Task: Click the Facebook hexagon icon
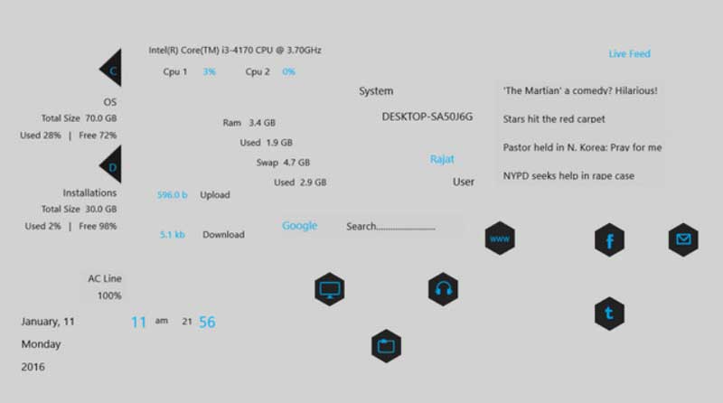pos(609,239)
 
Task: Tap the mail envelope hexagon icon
pos(683,239)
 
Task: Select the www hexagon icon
pos(500,239)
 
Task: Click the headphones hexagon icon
pos(443,289)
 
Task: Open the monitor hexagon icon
pos(330,289)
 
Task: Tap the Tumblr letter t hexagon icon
pos(609,314)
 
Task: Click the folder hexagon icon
pos(387,346)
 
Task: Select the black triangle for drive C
pos(113,69)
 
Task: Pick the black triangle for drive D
pos(113,165)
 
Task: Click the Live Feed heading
pos(629,54)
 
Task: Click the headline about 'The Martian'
pos(580,91)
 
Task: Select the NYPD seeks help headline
pos(568,175)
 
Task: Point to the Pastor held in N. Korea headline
pos(582,147)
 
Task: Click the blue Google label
pos(300,226)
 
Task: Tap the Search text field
pos(390,227)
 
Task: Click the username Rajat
pos(442,160)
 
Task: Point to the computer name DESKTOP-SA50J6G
pos(427,117)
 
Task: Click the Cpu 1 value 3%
pos(210,72)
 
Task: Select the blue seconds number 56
pos(207,323)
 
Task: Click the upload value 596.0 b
pos(172,195)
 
